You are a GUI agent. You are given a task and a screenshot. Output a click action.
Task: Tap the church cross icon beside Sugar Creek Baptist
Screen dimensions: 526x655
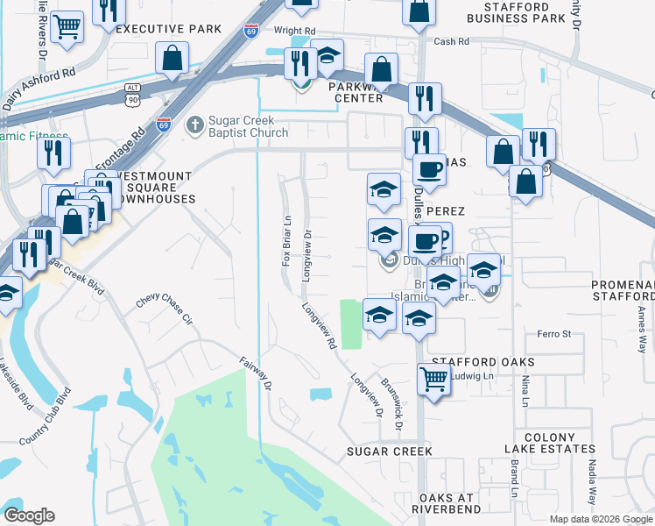(194, 125)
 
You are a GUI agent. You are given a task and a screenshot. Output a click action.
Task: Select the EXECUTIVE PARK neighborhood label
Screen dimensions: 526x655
(169, 29)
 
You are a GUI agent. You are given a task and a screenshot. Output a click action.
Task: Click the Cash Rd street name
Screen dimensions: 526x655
(451, 41)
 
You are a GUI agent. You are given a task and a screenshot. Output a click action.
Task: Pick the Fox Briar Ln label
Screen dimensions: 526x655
(286, 243)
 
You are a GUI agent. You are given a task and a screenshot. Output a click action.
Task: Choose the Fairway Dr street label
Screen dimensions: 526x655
(257, 372)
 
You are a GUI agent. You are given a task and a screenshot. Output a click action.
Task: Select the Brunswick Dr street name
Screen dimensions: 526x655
(391, 404)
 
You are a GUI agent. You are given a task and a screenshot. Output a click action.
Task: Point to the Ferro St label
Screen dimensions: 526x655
(553, 334)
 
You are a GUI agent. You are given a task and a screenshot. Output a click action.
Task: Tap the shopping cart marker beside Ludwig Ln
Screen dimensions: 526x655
(433, 379)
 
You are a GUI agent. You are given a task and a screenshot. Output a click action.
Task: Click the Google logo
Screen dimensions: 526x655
(29, 515)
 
